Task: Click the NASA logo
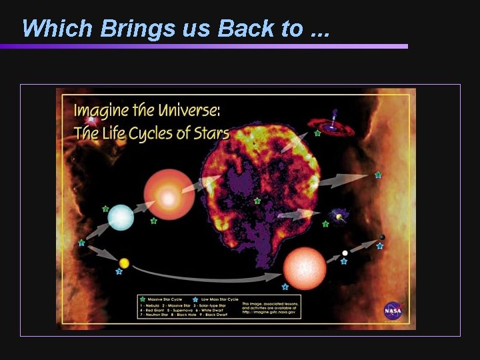click(393, 311)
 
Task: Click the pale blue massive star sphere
click(121, 218)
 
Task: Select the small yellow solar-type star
click(124, 263)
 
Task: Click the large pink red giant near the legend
click(305, 268)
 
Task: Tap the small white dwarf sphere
click(345, 253)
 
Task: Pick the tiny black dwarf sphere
click(382, 237)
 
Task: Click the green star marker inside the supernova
click(257, 201)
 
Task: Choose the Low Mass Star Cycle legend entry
click(216, 299)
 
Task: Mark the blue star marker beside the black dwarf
click(379, 246)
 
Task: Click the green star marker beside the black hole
click(317, 134)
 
